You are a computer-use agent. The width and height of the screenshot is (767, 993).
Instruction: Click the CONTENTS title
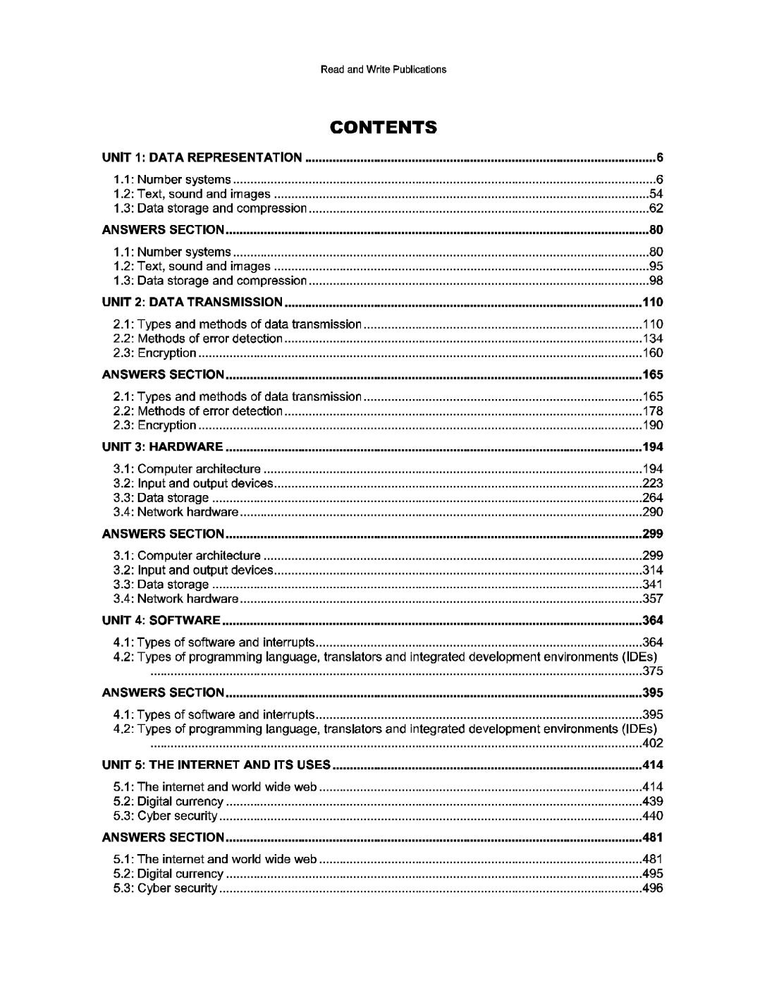point(383,128)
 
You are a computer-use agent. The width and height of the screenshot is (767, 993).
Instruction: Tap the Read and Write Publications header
point(383,69)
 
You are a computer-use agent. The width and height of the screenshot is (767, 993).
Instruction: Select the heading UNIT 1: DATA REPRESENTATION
point(202,157)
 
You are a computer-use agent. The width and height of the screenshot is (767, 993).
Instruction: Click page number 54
point(656,194)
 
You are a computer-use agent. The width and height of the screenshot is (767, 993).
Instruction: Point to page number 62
point(656,209)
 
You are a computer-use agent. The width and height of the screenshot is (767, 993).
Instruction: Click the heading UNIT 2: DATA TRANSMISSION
point(192,303)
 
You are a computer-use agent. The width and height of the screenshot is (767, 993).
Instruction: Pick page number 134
point(653,339)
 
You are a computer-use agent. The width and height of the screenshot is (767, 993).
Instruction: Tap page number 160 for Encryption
point(653,353)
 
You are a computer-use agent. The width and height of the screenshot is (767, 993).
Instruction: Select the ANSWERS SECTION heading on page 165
point(164,374)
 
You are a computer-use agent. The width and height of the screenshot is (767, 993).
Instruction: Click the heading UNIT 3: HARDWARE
point(163,447)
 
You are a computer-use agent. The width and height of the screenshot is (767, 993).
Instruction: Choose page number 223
point(653,484)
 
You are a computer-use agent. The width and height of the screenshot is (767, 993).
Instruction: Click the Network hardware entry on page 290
point(188,513)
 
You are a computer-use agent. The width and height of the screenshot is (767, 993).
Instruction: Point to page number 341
point(653,585)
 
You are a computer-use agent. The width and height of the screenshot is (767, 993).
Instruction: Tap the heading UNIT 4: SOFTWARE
point(161,621)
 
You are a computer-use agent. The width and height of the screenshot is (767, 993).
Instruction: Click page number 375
point(653,671)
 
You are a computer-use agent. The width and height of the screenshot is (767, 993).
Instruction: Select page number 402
point(653,743)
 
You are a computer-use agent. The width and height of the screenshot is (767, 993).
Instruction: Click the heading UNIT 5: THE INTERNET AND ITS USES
point(216,765)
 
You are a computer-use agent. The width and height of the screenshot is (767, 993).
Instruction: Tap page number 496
point(653,889)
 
